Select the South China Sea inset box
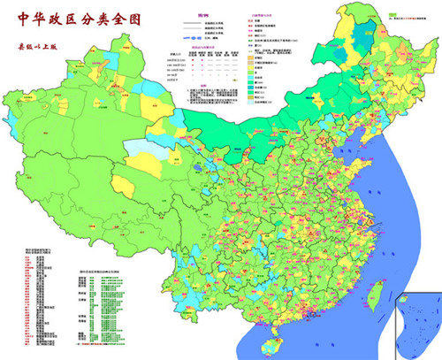[x=418, y=324]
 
